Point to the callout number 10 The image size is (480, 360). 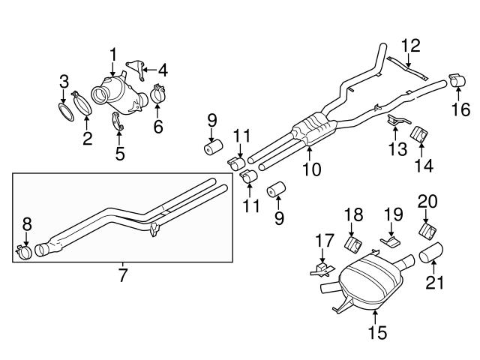(310, 169)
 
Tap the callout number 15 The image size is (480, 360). (378, 329)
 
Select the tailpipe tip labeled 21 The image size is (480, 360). (433, 257)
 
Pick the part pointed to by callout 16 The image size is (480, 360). (457, 80)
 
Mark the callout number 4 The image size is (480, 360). (162, 72)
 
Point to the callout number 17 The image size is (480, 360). (324, 241)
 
